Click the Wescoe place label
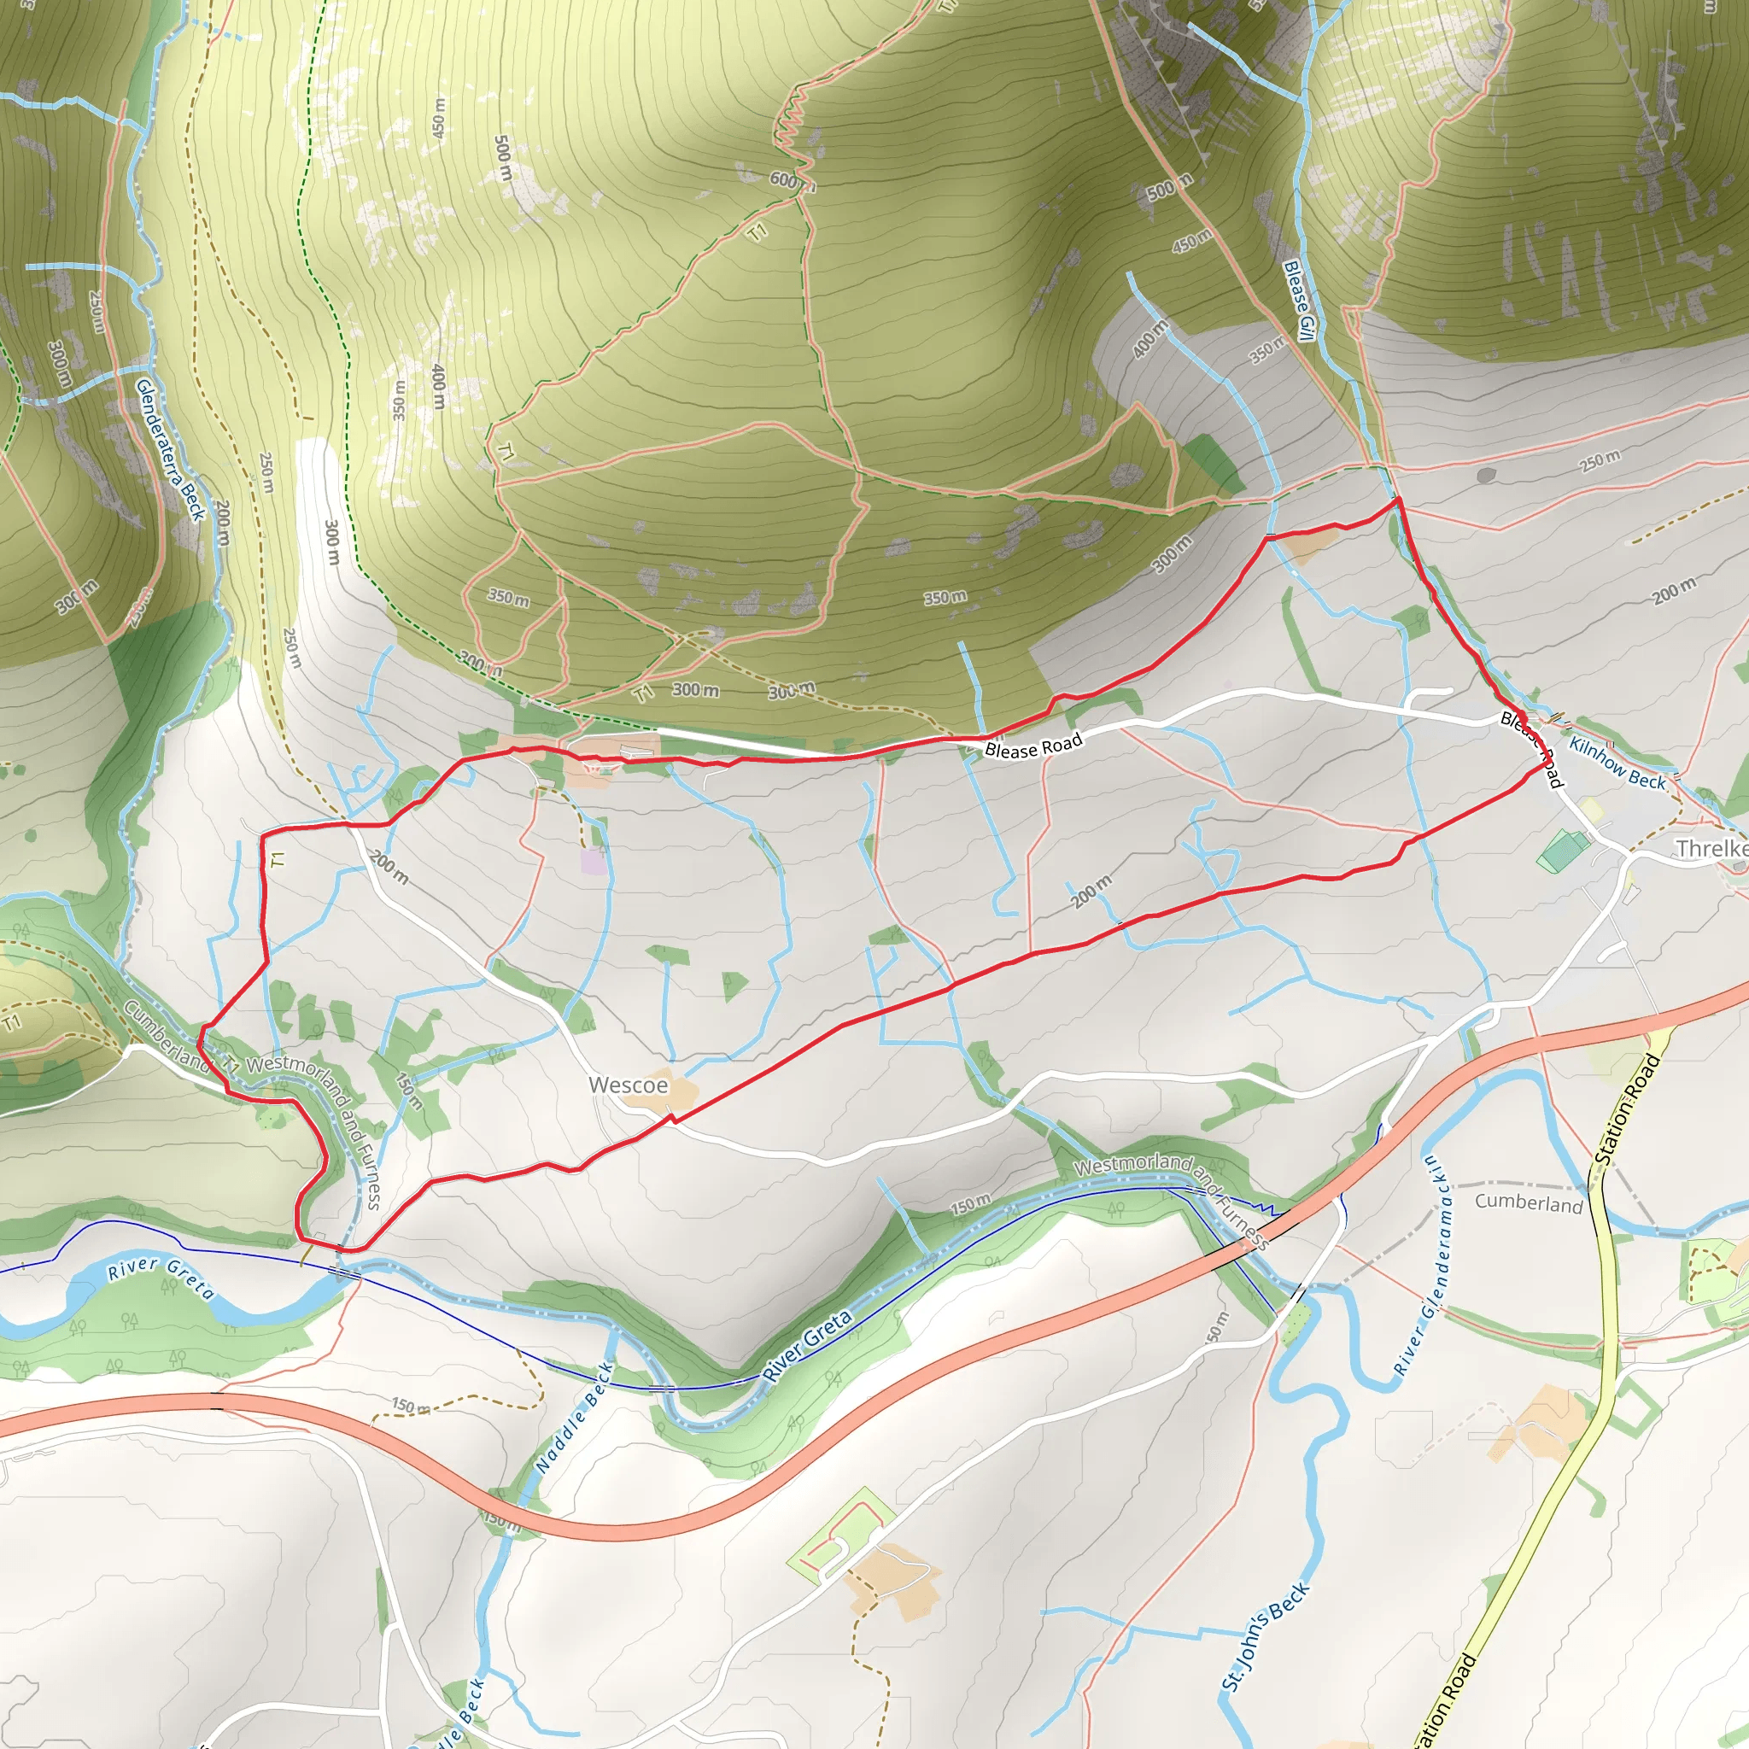pyautogui.click(x=628, y=1085)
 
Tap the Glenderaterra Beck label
pyautogui.click(x=170, y=450)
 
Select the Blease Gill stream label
pyautogui.click(x=1299, y=301)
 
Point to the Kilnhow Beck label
pyautogui.click(x=1617, y=763)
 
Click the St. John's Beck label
pyautogui.click(x=1265, y=1637)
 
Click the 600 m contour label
pyautogui.click(x=787, y=180)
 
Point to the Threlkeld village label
pyautogui.click(x=1711, y=848)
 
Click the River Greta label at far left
pyautogui.click(x=161, y=1278)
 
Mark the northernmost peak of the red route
pyautogui.click(x=1398, y=499)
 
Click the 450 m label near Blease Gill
pyautogui.click(x=1191, y=240)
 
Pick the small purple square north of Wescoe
pyautogui.click(x=594, y=861)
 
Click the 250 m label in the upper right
pyautogui.click(x=1600, y=460)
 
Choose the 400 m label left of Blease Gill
pyautogui.click(x=1149, y=338)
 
